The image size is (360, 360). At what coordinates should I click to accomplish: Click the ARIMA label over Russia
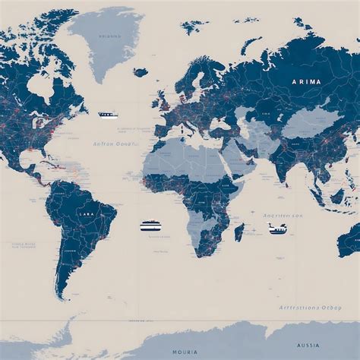pos(305,81)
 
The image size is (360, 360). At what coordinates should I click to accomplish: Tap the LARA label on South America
pos(86,215)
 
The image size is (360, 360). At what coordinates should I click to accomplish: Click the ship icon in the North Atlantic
pos(108,115)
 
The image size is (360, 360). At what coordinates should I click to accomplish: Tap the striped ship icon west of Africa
pos(150,226)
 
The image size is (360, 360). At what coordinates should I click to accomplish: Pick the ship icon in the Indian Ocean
pos(277,229)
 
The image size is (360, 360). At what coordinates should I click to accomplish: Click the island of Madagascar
pos(238,231)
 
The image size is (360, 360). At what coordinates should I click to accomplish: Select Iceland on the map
pos(141,73)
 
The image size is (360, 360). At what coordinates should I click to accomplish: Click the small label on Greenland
pos(109,36)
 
